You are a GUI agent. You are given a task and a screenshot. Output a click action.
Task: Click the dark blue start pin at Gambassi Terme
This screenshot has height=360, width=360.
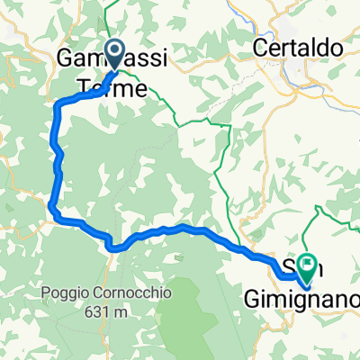(x=115, y=52)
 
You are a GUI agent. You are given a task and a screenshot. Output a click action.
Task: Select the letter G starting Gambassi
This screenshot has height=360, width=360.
(x=66, y=57)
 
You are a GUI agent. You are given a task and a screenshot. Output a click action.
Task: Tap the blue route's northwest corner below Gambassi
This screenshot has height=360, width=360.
(x=59, y=106)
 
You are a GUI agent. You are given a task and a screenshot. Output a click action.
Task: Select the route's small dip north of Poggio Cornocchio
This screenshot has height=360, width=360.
(x=112, y=243)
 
